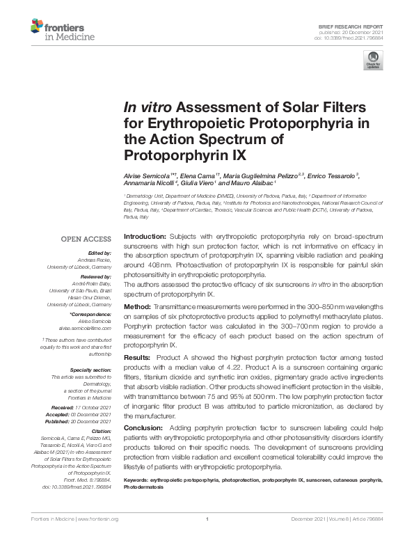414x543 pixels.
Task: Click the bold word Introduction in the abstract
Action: [x=145, y=237]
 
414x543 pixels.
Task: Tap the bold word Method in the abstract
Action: [x=136, y=306]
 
